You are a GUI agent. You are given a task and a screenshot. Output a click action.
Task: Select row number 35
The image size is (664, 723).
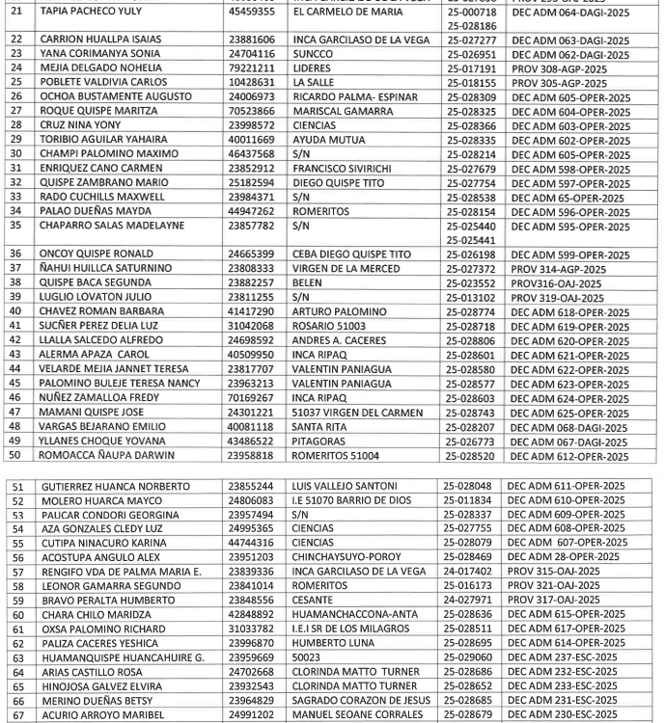(x=15, y=226)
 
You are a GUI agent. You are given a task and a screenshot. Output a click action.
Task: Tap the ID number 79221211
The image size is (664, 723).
(x=251, y=69)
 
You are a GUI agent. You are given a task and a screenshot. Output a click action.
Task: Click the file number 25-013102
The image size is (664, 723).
(x=471, y=298)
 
